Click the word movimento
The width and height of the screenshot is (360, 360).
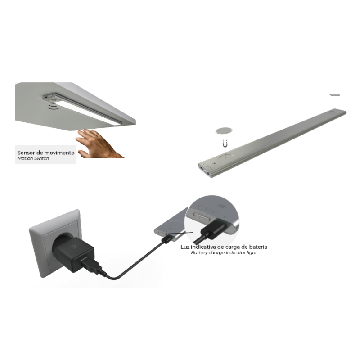59,153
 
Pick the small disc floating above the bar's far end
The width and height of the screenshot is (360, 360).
335,95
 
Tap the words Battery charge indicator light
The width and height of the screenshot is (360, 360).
224,253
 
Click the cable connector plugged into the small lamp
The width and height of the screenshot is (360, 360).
167,238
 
